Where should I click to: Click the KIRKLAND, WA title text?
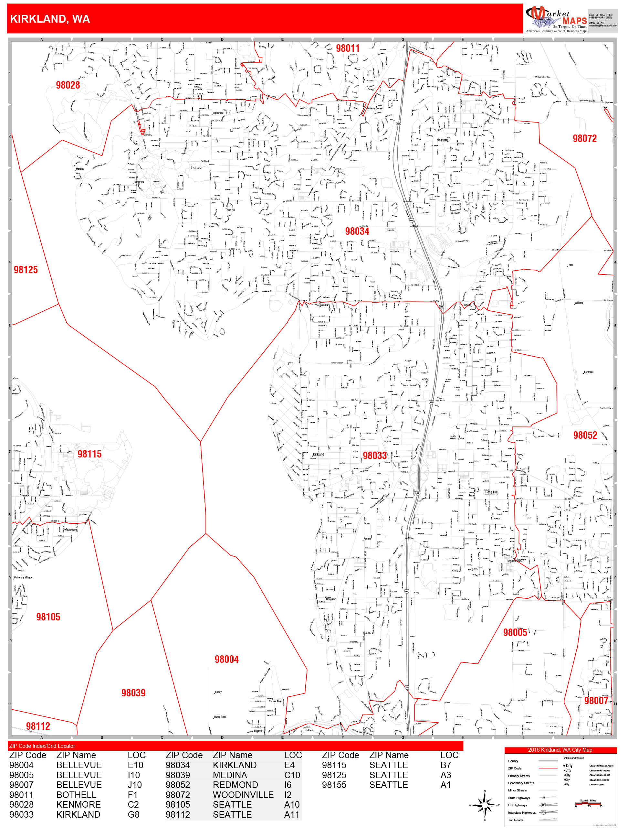coord(50,19)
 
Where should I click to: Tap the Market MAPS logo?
coord(555,19)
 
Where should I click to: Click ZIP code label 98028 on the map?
coord(68,85)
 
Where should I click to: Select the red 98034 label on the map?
coord(357,231)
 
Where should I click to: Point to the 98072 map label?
coord(584,138)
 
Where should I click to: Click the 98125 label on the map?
coord(26,270)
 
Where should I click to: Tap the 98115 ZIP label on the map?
coord(89,454)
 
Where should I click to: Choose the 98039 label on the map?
coord(133,693)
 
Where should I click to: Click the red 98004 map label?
coord(226,659)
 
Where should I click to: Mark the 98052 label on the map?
coord(584,435)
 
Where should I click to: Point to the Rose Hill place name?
coord(491,492)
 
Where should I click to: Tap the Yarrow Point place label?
coord(275,701)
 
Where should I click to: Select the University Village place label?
coord(23,578)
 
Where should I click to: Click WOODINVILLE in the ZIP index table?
coord(243,794)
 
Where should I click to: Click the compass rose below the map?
coord(484,805)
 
